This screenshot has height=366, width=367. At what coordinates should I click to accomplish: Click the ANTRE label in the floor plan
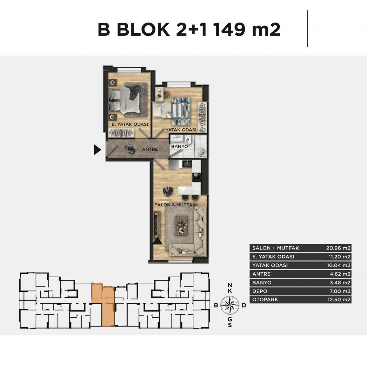(150, 150)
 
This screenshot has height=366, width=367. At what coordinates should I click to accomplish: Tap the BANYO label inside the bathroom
(180, 147)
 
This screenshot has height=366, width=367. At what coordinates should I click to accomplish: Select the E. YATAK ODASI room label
(130, 124)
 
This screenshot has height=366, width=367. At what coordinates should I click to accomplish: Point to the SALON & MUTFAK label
(175, 205)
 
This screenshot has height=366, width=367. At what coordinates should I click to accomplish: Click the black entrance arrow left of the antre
(97, 150)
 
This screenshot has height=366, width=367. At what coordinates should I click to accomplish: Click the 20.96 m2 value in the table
(338, 248)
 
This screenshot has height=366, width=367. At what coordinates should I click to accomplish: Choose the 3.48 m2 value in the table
(340, 283)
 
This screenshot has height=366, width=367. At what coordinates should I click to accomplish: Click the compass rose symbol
(230, 305)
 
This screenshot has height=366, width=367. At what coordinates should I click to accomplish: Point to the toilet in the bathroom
(188, 140)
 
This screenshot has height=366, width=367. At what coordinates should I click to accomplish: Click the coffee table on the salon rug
(182, 225)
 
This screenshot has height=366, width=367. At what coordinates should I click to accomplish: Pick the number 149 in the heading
(229, 30)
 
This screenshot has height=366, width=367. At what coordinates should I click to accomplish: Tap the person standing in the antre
(130, 148)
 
